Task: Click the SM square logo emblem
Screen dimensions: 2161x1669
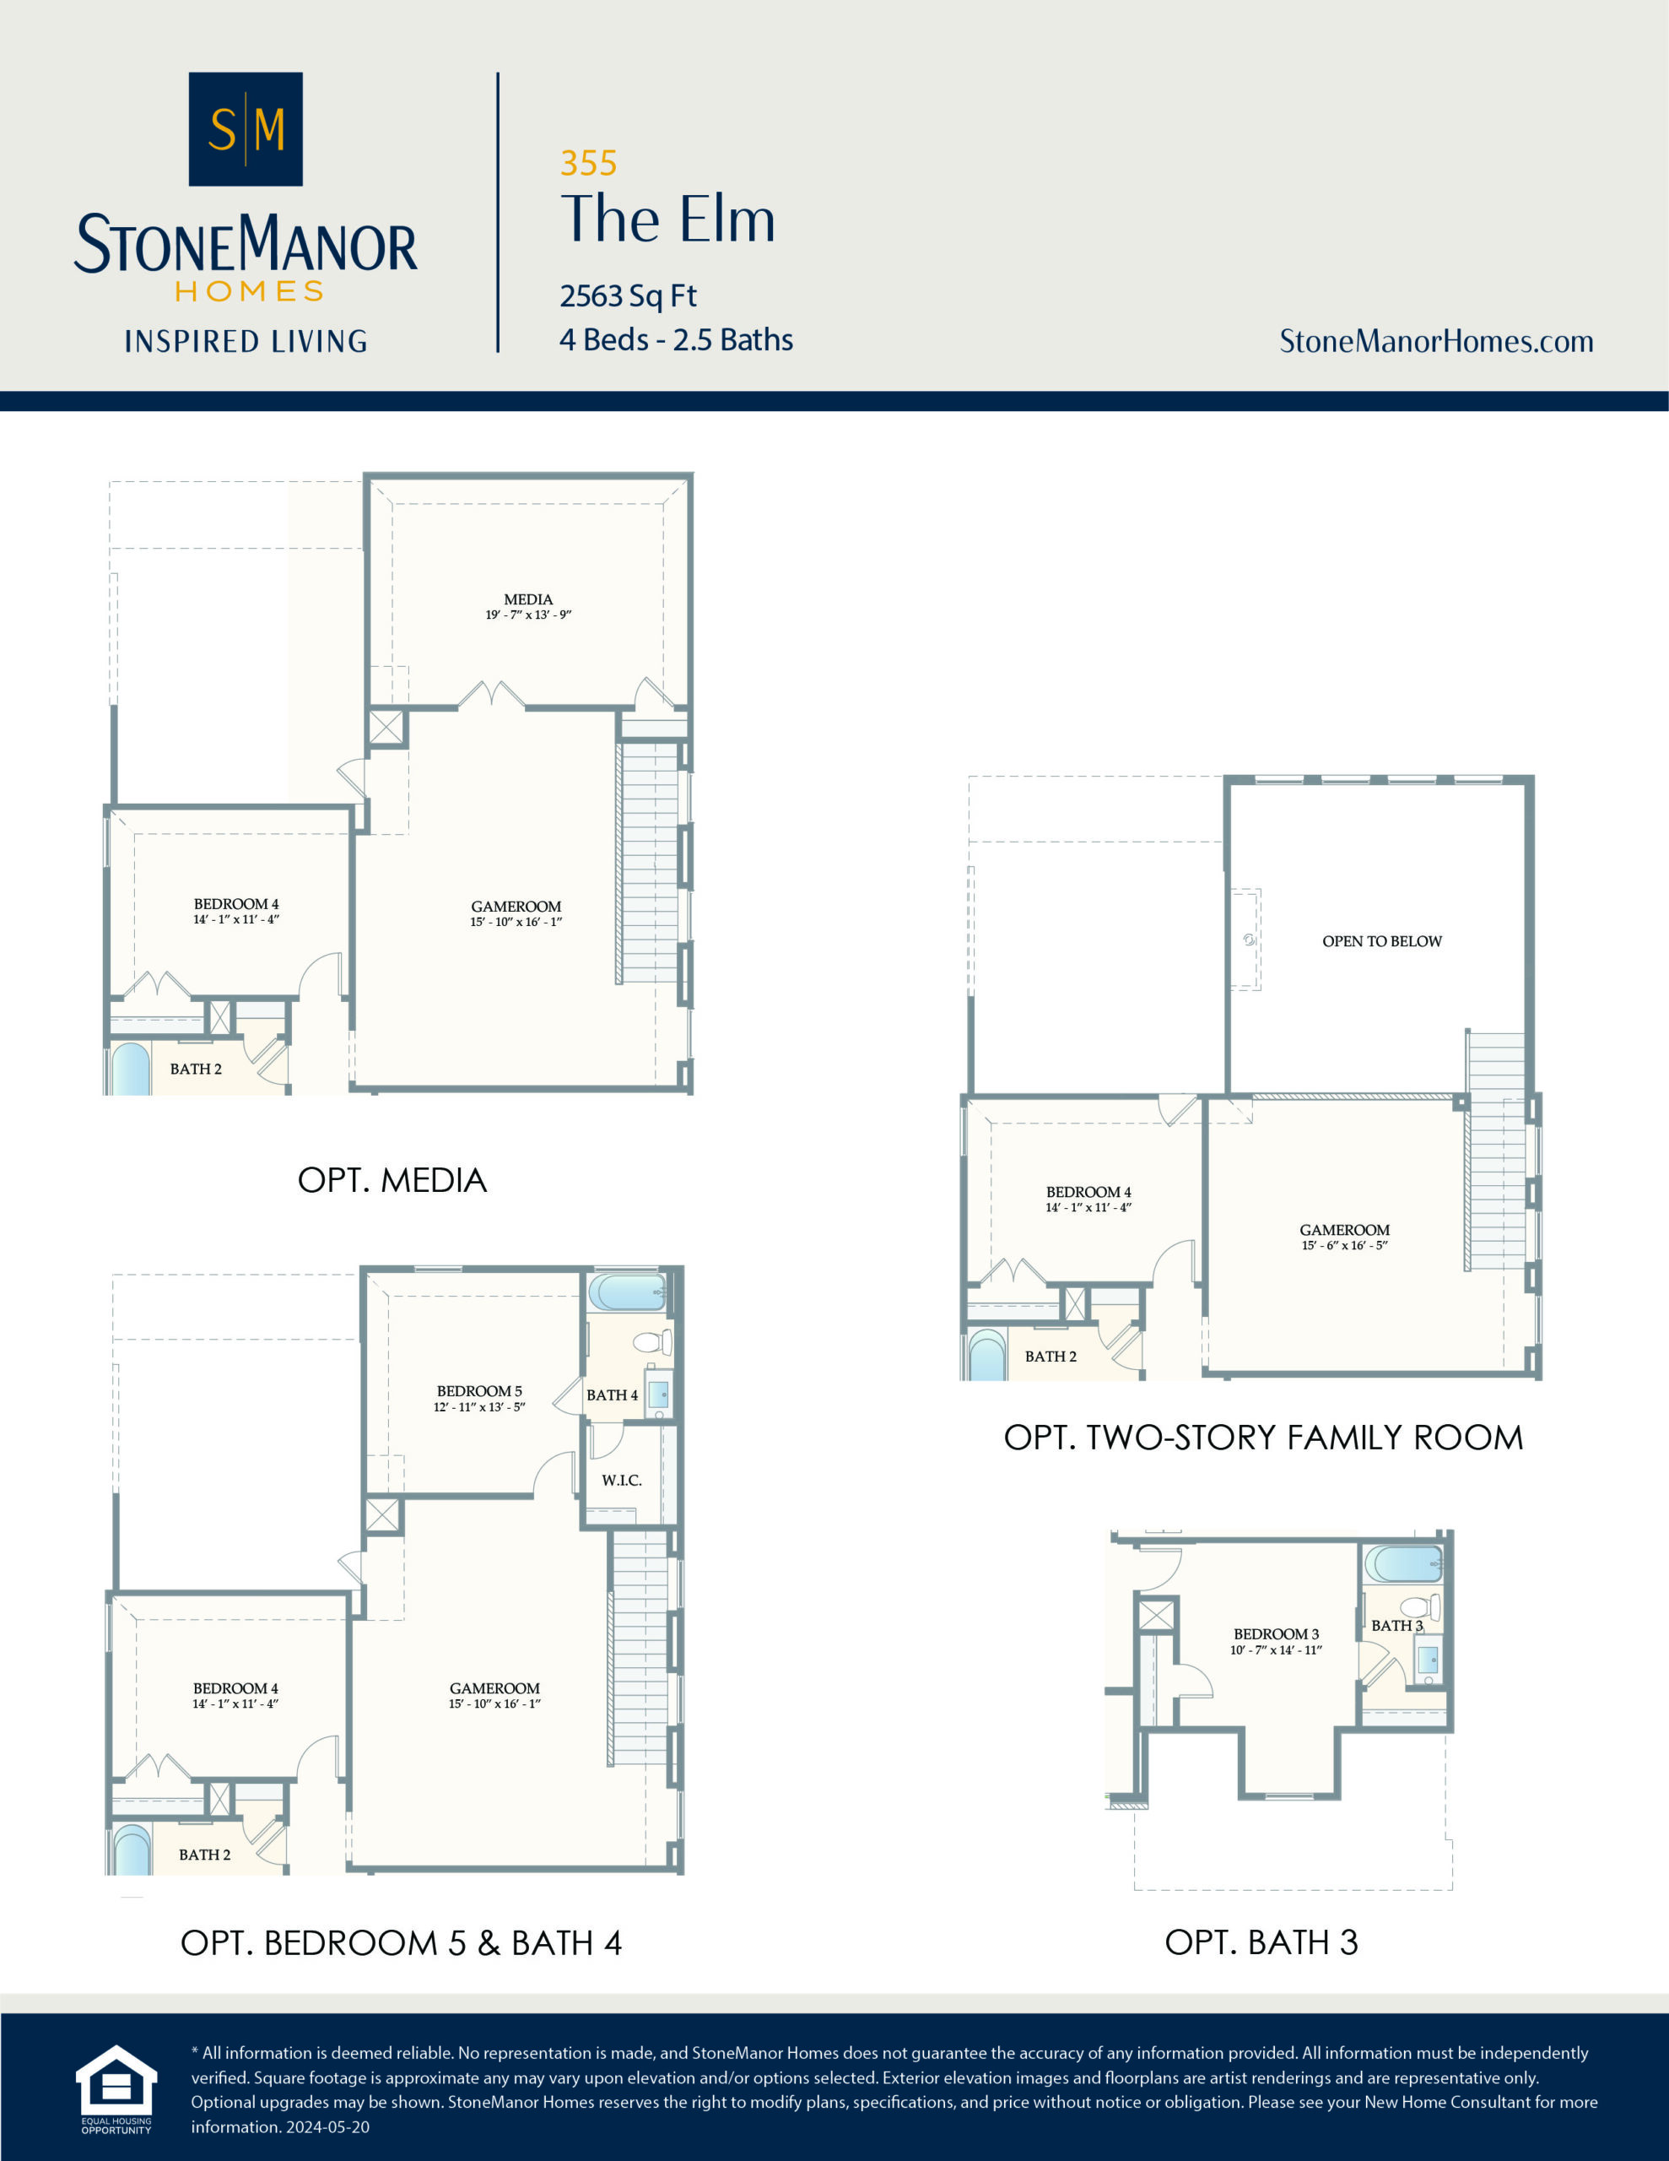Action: (246, 128)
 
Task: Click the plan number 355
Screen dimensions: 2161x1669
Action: (587, 163)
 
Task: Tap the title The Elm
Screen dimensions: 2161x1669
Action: (667, 219)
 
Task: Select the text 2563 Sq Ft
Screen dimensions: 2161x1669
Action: (629, 295)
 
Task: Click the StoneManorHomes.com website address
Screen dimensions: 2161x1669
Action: (1435, 341)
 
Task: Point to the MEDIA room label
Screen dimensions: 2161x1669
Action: (528, 599)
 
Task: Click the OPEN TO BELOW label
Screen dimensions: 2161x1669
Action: (1381, 941)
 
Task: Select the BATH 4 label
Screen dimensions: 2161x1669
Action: (612, 1395)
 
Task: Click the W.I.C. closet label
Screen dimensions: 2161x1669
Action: (621, 1481)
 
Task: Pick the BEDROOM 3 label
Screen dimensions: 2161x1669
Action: (1275, 1634)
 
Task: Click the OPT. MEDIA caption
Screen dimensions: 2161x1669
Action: (392, 1179)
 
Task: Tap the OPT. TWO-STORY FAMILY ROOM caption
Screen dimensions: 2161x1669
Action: (1262, 1437)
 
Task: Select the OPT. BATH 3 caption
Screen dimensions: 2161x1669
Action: (1261, 1942)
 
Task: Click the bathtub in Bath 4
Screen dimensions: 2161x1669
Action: (626, 1292)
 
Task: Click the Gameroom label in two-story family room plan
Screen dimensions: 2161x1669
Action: (1343, 1230)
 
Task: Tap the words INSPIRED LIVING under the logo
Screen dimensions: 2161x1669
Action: (246, 341)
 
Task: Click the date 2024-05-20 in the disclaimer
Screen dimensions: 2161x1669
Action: (327, 2127)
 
